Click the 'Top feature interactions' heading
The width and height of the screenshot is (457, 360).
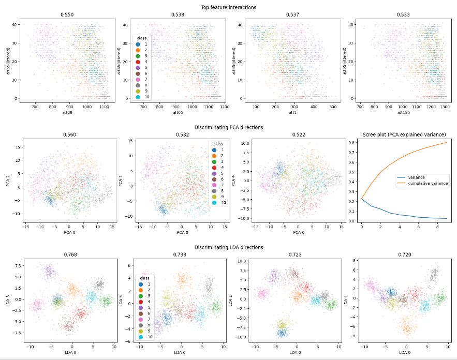pyautogui.click(x=228, y=7)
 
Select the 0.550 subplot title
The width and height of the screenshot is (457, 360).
pyautogui.click(x=68, y=15)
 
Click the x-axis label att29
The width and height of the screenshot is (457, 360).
pyautogui.click(x=68, y=112)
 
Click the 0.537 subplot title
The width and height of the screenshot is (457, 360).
pyautogui.click(x=291, y=15)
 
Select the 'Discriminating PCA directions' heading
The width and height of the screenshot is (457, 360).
pyautogui.click(x=228, y=127)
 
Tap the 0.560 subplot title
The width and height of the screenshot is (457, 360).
pyautogui.click(x=68, y=134)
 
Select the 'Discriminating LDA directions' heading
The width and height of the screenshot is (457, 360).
pyautogui.click(x=228, y=247)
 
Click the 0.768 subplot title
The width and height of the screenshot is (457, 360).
pyautogui.click(x=68, y=254)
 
